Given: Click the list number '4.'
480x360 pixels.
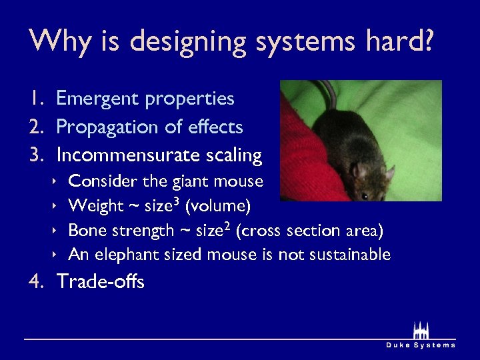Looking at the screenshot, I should coord(37,282).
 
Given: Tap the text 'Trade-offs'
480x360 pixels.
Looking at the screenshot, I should coord(101,282).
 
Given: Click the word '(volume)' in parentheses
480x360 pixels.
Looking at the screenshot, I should coord(218,206).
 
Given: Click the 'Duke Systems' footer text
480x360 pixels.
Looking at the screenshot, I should coord(421,345).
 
